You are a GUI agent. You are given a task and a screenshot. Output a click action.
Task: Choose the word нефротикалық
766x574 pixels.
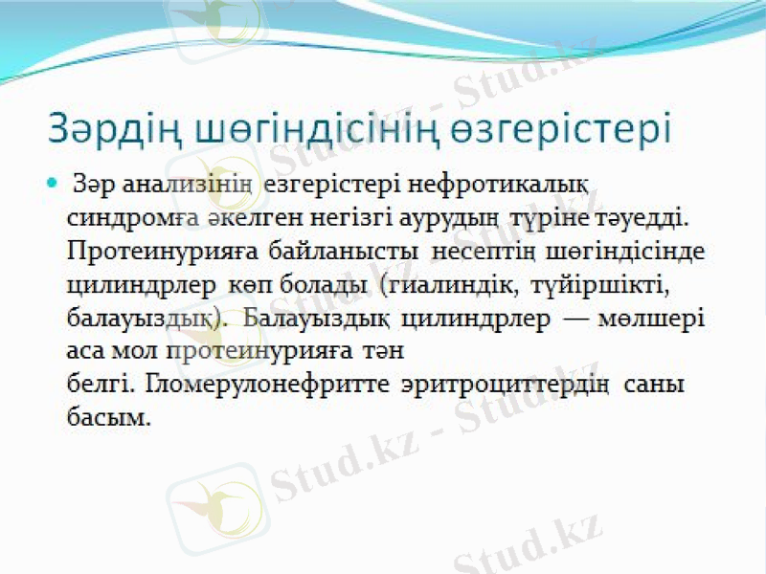pos(488,182)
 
